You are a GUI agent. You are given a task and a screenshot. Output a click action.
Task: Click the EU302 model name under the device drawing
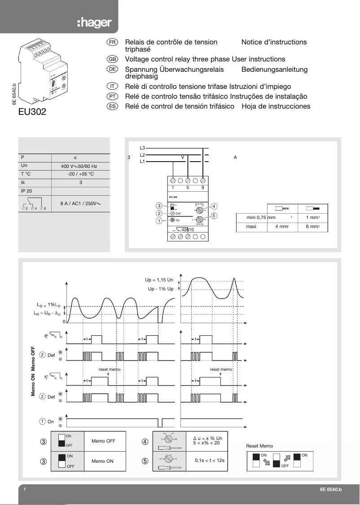pos(32,111)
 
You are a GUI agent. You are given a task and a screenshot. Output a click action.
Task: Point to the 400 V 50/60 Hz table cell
pos(79,166)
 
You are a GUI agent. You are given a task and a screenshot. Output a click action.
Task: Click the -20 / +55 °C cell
pos(80,174)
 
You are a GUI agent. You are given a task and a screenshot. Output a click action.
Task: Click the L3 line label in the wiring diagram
pos(142,147)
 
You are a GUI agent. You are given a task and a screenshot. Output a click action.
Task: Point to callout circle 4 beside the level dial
pos(214,206)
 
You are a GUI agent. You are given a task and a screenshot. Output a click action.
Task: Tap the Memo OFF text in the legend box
pos(103,441)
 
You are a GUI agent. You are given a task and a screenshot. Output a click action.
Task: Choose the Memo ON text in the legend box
pos(103,461)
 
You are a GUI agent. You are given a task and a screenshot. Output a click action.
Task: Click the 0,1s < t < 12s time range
pos(210,461)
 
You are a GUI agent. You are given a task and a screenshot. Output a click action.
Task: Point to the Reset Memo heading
pos(259,446)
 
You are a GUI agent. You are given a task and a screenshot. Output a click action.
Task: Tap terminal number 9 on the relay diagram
pos(203,188)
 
